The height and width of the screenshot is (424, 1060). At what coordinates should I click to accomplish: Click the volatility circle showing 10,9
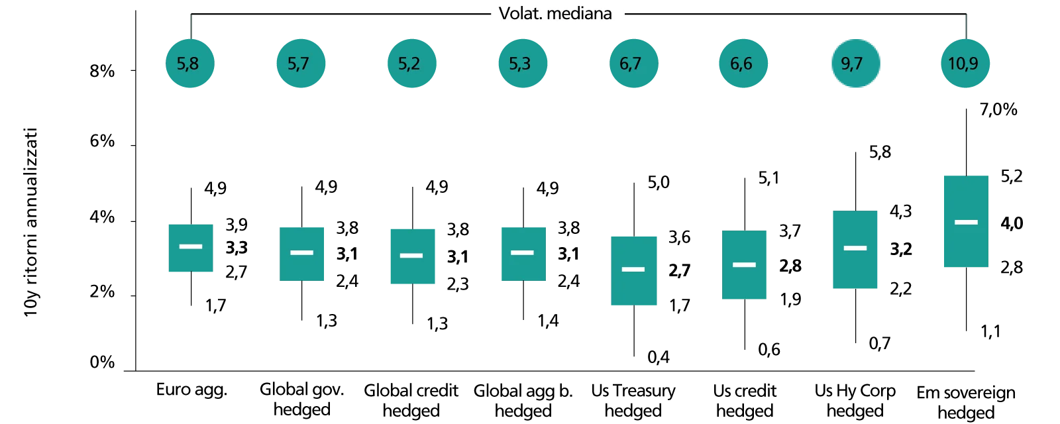(x=965, y=64)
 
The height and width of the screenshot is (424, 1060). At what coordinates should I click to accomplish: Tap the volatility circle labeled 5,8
(x=189, y=64)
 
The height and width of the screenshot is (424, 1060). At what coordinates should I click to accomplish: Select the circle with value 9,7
(x=855, y=64)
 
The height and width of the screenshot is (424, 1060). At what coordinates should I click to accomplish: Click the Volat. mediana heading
(x=555, y=13)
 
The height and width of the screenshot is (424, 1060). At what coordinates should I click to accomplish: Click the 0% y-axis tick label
(x=102, y=362)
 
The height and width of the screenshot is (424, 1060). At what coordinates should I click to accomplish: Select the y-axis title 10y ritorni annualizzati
(x=30, y=222)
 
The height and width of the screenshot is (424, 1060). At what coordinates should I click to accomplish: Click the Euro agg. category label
(x=191, y=390)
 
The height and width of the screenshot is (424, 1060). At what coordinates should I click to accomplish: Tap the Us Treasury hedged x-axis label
(x=633, y=400)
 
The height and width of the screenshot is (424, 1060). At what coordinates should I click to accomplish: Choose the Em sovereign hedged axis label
(x=966, y=402)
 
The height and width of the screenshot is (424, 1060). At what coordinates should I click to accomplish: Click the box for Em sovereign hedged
(x=966, y=221)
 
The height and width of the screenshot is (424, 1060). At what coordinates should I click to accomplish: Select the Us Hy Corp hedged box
(x=855, y=249)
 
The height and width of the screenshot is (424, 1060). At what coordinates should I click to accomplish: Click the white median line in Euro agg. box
(x=191, y=246)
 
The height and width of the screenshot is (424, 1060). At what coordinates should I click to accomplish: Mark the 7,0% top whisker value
(x=998, y=109)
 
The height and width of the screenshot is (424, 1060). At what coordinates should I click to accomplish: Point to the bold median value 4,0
(x=1012, y=223)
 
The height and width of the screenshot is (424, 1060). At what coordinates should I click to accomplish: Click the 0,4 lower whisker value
(x=659, y=357)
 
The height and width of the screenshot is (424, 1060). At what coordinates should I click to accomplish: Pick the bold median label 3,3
(x=237, y=248)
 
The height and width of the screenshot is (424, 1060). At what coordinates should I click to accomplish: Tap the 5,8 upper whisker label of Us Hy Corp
(x=880, y=152)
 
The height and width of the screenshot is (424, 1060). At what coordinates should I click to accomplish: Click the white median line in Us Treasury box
(x=633, y=269)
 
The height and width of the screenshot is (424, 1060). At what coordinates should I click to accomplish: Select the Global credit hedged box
(x=413, y=256)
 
